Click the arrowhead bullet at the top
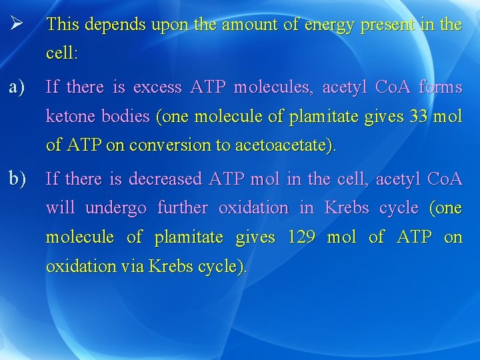pyautogui.click(x=17, y=24)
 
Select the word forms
pyautogui.click(x=440, y=87)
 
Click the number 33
pyautogui.click(x=419, y=117)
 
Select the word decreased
pyautogui.click(x=166, y=179)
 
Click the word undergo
pyautogui.click(x=116, y=208)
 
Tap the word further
pyautogui.click(x=182, y=208)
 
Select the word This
pyautogui.click(x=63, y=25)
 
